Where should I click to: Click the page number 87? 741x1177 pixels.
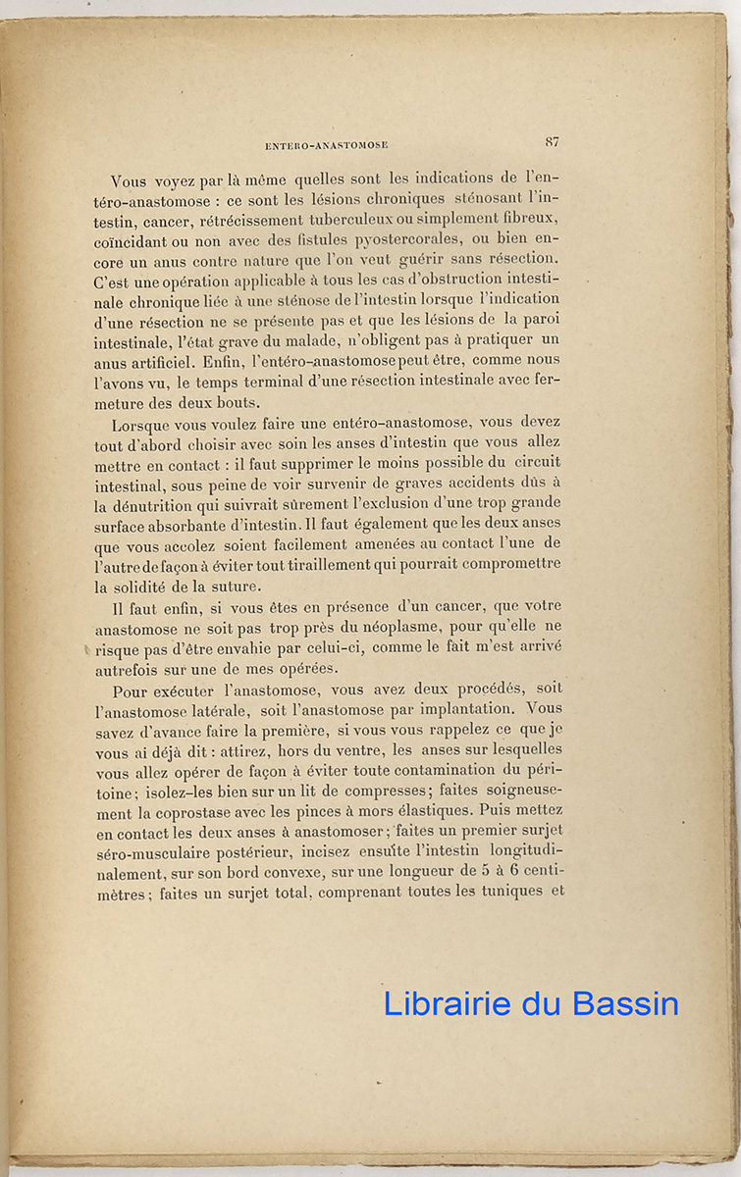pyautogui.click(x=553, y=142)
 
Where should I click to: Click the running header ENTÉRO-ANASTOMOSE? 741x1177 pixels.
pyautogui.click(x=327, y=145)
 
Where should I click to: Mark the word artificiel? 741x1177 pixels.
pyautogui.click(x=175, y=361)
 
